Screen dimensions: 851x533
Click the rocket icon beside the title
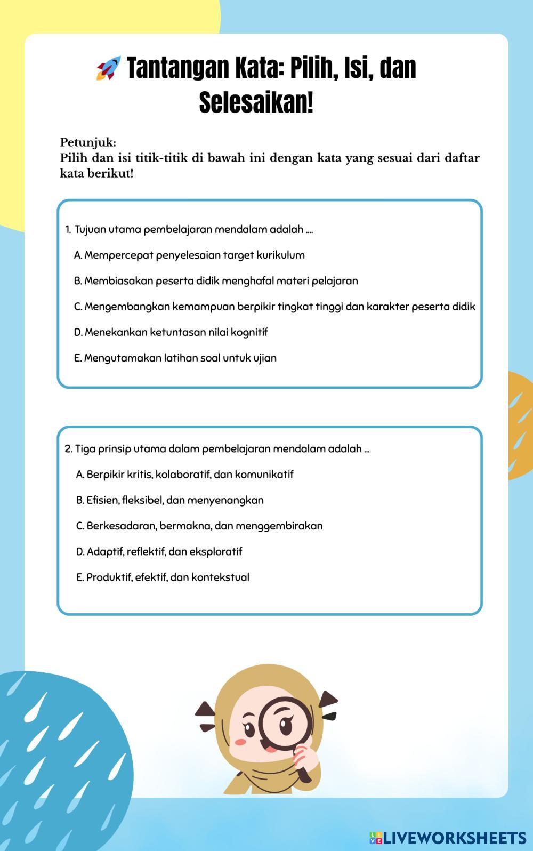click(x=108, y=68)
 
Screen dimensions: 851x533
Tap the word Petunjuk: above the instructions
click(x=88, y=142)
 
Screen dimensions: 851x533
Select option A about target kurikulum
click(x=189, y=255)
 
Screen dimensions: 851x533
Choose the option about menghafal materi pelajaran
click(x=216, y=280)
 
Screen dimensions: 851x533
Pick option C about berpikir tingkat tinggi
click(x=274, y=307)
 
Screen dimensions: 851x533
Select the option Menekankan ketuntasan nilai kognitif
click(x=171, y=332)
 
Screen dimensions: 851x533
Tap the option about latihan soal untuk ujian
click(x=175, y=358)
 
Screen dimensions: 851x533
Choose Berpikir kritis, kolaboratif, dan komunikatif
click(x=184, y=474)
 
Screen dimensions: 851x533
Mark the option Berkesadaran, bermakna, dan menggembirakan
click(x=199, y=526)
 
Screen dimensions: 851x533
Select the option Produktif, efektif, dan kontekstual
click(x=163, y=577)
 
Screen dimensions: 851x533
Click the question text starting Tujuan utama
click(x=189, y=230)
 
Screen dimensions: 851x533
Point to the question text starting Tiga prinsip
click(x=217, y=448)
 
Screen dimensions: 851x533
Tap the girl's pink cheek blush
click(x=240, y=742)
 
